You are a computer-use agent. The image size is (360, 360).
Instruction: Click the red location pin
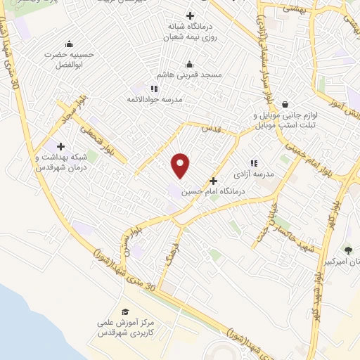181,165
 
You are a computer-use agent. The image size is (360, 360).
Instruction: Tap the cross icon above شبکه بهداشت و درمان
60,147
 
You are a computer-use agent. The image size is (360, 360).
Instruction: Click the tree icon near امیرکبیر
347,250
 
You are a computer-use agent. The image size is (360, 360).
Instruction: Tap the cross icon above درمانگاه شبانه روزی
190,15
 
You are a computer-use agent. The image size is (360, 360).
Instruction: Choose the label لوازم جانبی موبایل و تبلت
286,120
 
